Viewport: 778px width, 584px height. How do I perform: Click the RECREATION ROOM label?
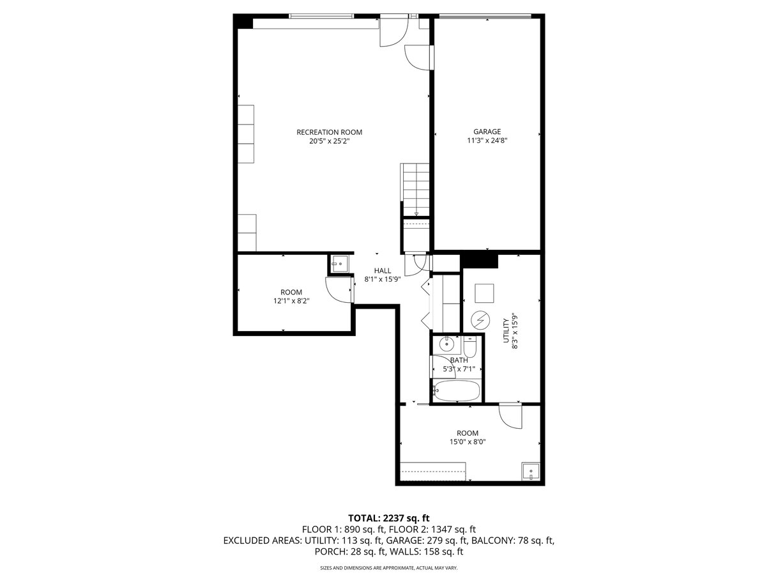click(329, 132)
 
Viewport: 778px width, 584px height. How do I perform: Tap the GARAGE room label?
click(487, 132)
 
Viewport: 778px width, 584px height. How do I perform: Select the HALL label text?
click(383, 270)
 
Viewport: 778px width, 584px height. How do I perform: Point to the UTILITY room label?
click(506, 330)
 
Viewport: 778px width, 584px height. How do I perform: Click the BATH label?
click(459, 360)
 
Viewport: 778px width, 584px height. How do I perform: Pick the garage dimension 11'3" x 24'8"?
click(487, 141)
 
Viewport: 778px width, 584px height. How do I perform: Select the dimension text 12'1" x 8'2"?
click(291, 301)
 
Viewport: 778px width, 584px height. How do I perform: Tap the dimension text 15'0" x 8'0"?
click(468, 442)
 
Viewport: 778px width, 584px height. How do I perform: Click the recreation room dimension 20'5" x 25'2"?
click(329, 141)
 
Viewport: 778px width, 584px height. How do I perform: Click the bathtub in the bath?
click(456, 391)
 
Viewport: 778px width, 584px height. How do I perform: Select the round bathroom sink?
click(446, 343)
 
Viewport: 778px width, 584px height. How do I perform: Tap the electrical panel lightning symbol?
click(480, 320)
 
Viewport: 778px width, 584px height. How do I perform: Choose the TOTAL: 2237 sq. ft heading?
click(388, 518)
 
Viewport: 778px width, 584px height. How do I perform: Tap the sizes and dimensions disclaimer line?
click(389, 568)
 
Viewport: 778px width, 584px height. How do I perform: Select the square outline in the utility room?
click(484, 293)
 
